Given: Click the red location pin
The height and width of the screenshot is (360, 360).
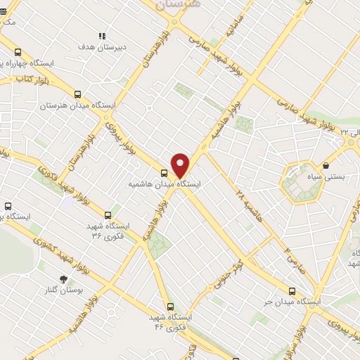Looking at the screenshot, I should point(181,165).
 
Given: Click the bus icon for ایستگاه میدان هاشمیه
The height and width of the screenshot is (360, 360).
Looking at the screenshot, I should point(164,173).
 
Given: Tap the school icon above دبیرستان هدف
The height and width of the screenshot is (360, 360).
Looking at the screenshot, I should point(102,36).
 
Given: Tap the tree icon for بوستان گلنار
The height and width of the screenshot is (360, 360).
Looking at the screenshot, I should point(63,279).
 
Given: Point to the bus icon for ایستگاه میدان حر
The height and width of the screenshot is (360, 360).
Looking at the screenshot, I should point(292,291).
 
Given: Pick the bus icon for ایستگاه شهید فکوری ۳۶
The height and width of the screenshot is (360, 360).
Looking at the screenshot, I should point(108,216).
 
